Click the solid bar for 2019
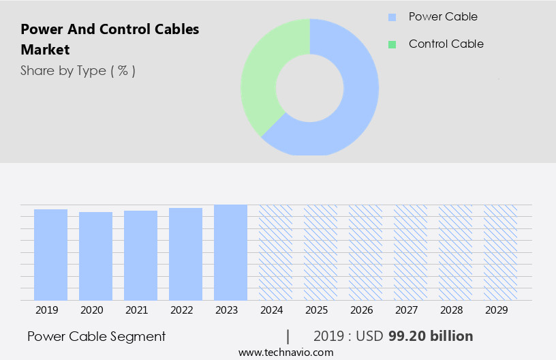pyautogui.click(x=50, y=254)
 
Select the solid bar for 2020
pyautogui.click(x=95, y=256)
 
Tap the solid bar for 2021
pyautogui.click(x=140, y=255)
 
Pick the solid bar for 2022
pyautogui.click(x=185, y=254)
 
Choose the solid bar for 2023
pyautogui.click(x=230, y=252)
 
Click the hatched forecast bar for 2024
pyautogui.click(x=275, y=252)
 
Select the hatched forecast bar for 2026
pyautogui.click(x=365, y=252)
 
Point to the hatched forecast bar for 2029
pyautogui.click(x=500, y=252)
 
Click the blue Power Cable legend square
pyautogui.click(x=392, y=17)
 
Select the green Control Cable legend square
pyautogui.click(x=392, y=44)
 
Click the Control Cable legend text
pyautogui.click(x=446, y=44)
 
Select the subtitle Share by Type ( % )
pyautogui.click(x=78, y=70)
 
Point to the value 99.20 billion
pyautogui.click(x=430, y=336)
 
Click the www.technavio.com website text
pyautogui.click(x=285, y=352)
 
